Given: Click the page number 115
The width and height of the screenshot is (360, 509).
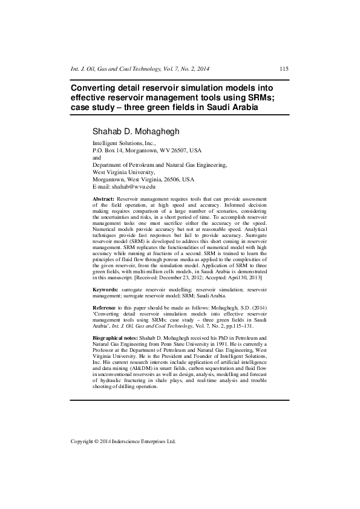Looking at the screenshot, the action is pos(284,69).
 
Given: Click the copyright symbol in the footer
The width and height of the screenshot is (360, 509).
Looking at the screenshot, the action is pos(96,441).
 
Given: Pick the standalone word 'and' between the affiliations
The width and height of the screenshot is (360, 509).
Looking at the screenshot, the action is pos(97,157).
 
